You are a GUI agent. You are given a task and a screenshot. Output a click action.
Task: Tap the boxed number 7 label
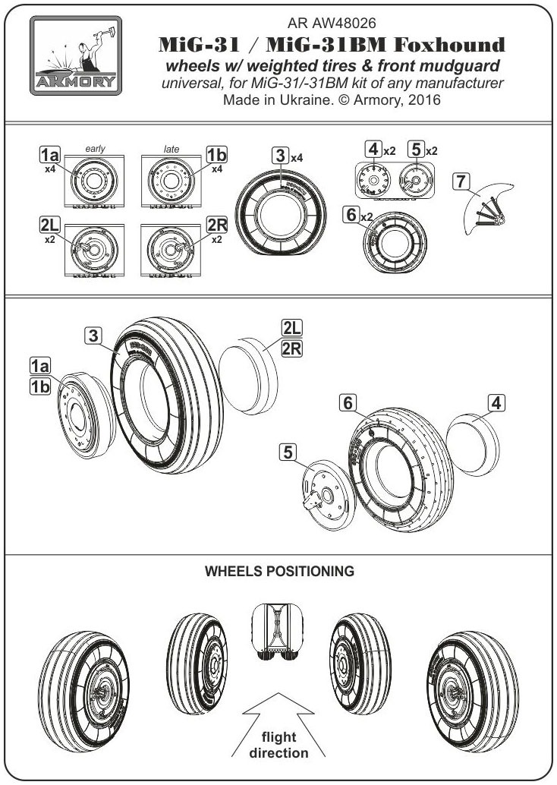click(460, 181)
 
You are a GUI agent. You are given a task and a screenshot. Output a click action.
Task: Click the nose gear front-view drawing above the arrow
click(279, 635)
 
